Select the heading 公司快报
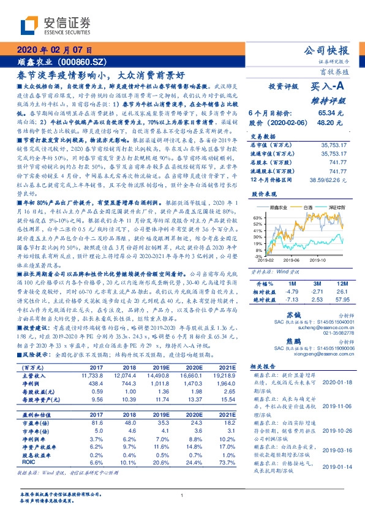[329, 50]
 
